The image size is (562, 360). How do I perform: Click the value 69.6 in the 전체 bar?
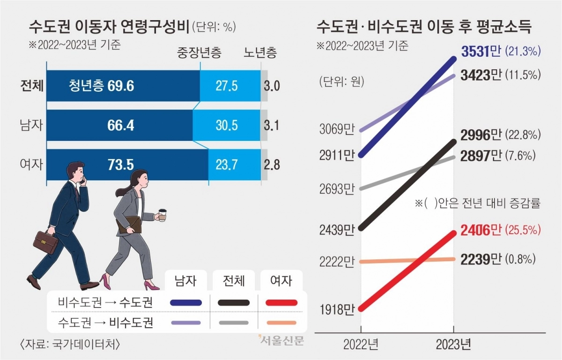[121, 86]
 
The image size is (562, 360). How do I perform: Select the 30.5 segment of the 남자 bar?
[227, 125]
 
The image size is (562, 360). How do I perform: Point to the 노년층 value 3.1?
[271, 125]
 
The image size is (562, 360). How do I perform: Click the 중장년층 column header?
[199, 52]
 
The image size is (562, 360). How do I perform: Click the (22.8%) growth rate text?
[523, 135]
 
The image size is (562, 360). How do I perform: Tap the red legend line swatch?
[281, 303]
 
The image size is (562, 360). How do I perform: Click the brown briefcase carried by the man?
[45, 242]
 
